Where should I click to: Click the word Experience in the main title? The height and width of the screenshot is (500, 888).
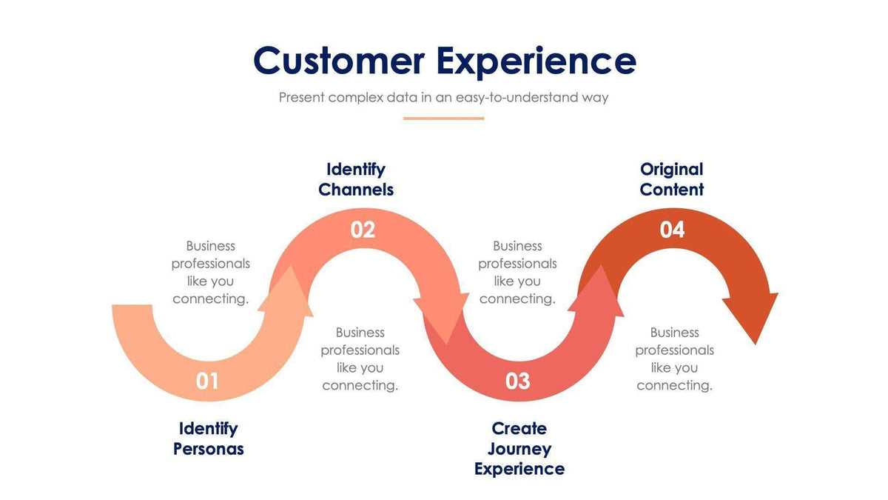(x=536, y=61)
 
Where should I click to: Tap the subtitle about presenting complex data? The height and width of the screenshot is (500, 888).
(x=443, y=97)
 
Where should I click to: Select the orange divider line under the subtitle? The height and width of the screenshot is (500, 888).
(x=443, y=118)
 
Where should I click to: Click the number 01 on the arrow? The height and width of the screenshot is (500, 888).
(x=207, y=381)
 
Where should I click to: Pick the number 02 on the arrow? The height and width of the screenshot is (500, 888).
(x=363, y=230)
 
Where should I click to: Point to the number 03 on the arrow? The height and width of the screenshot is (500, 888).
(x=518, y=381)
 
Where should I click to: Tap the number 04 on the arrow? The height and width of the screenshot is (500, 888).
(x=672, y=230)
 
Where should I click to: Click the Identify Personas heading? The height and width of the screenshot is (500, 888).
(x=208, y=439)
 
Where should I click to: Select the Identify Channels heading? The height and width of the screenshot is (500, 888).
(x=356, y=179)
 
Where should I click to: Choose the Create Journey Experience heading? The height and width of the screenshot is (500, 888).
(x=519, y=449)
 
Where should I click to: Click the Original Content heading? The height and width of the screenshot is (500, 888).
(x=672, y=179)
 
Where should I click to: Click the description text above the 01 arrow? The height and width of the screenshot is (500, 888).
(x=211, y=273)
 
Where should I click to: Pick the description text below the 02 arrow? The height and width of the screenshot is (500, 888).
(x=360, y=359)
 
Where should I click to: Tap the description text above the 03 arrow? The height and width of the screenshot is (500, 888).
(x=517, y=273)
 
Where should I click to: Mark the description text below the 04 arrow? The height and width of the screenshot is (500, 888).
(x=675, y=359)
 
